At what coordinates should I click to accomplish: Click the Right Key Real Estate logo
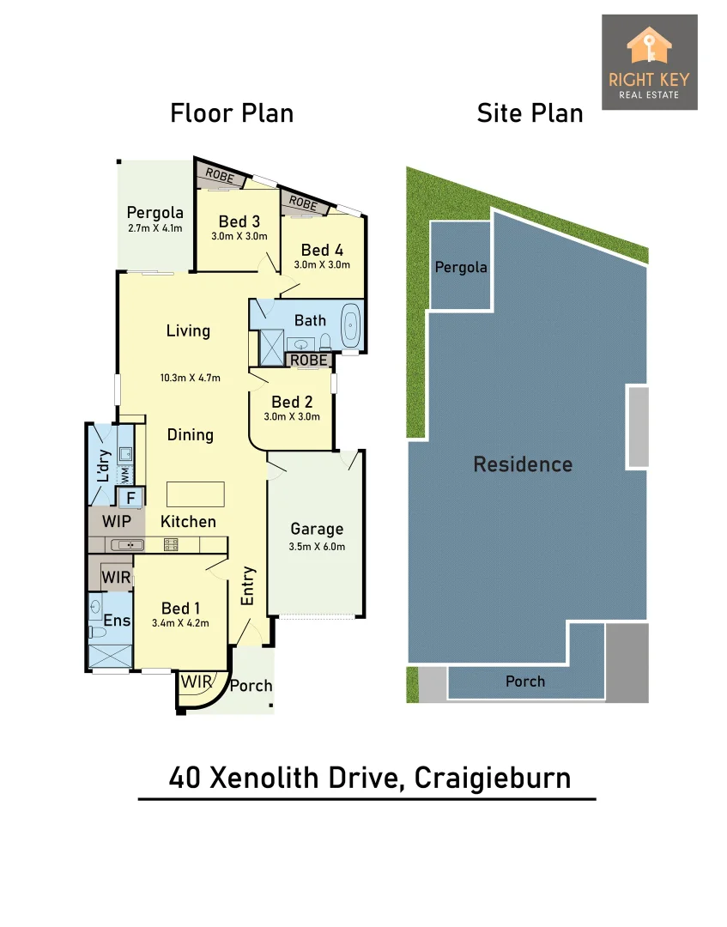pos(649,62)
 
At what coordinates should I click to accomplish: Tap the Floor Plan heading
pos(232,113)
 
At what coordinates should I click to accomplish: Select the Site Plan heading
pos(530,113)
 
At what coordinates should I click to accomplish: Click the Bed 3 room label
pos(239,221)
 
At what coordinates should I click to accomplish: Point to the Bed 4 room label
pos(322,250)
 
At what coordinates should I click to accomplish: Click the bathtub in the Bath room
pos(351,326)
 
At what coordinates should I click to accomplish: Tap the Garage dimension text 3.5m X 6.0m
pos(317,546)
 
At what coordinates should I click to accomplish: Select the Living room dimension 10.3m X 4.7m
pos(191,378)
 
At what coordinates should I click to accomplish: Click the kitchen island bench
pos(196,494)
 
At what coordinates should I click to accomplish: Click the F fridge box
pos(131,497)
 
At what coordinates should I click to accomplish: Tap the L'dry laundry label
pos(103,464)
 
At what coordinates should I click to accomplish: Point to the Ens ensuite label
pos(116,621)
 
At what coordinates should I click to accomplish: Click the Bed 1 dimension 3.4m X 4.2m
pos(181,623)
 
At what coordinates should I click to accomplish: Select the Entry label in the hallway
pos(248,586)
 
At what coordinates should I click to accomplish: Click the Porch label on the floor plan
pos(251,685)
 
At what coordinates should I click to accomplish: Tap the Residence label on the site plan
pos(523,464)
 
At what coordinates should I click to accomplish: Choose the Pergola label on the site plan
pos(461,267)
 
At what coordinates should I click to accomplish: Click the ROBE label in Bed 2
pos(308,360)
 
